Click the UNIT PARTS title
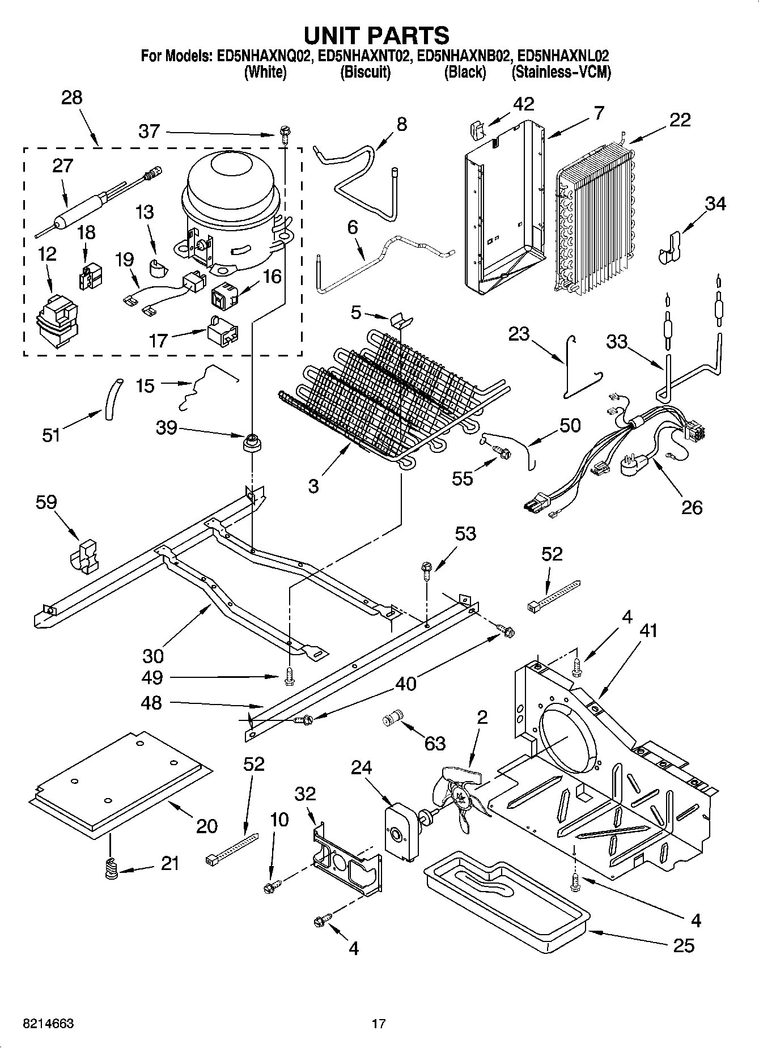point(376,35)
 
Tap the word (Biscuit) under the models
point(365,73)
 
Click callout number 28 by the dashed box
point(72,97)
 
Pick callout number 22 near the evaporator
point(680,120)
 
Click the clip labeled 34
point(671,248)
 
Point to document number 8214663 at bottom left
point(48,1024)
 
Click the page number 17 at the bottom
point(379,1024)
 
